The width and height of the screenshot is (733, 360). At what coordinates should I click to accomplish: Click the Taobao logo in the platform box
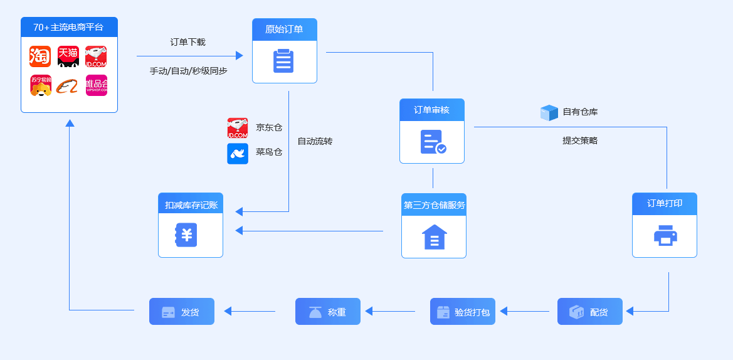tap(40, 56)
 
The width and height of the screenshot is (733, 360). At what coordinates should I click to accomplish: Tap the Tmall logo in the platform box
tap(68, 56)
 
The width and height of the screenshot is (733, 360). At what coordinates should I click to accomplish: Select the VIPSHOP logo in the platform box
tap(97, 85)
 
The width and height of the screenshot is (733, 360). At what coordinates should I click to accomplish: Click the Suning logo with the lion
tap(41, 85)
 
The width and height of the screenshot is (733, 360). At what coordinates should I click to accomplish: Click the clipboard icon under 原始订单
tap(283, 61)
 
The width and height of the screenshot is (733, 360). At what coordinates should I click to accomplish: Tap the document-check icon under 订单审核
tap(433, 142)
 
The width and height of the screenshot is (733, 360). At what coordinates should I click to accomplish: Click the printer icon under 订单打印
tap(665, 235)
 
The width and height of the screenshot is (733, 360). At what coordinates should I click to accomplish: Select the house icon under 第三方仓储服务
tap(434, 236)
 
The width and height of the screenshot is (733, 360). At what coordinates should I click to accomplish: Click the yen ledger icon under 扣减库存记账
tap(186, 235)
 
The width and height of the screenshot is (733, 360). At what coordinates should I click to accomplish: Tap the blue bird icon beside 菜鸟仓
tap(238, 153)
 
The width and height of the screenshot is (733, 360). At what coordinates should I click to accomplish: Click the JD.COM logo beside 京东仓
tap(238, 128)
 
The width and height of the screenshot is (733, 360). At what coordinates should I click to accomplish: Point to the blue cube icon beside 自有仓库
tap(549, 113)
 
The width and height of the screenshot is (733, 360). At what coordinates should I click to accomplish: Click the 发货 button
tap(182, 312)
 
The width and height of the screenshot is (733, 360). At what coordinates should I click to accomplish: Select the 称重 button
tap(328, 312)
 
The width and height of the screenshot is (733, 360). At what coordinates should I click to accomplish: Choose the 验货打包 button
tap(463, 312)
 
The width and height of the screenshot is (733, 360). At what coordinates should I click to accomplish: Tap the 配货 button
tap(590, 312)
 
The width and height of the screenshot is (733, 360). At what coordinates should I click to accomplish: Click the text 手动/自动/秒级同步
tap(188, 71)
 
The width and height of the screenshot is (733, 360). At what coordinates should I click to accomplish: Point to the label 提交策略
tap(580, 140)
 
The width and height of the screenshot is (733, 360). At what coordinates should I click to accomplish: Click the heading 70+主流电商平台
tap(68, 27)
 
